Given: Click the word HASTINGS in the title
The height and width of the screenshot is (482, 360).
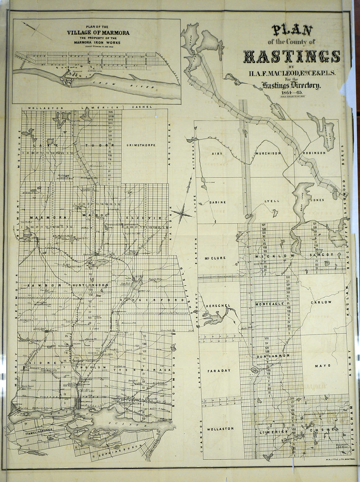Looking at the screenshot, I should (x=291, y=56).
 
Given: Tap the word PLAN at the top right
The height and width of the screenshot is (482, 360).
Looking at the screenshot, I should (x=292, y=31).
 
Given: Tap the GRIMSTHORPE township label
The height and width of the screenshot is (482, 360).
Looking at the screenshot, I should (x=144, y=145).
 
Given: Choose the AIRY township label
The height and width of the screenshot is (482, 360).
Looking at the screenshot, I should (x=217, y=153).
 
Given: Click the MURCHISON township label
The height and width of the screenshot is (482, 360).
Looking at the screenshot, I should (x=268, y=153).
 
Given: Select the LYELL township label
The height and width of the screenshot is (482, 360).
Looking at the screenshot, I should (x=272, y=201).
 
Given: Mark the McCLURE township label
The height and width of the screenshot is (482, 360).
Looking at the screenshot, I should (x=215, y=258).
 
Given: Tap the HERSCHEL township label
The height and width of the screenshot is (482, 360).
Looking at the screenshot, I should (x=218, y=305).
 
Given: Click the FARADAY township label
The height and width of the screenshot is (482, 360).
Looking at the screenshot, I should (x=220, y=370).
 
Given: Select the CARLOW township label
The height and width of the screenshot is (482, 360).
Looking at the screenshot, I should (x=321, y=302).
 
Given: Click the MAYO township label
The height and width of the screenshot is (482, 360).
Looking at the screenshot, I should (x=322, y=365).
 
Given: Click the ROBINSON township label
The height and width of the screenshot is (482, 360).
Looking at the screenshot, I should (x=314, y=153).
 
